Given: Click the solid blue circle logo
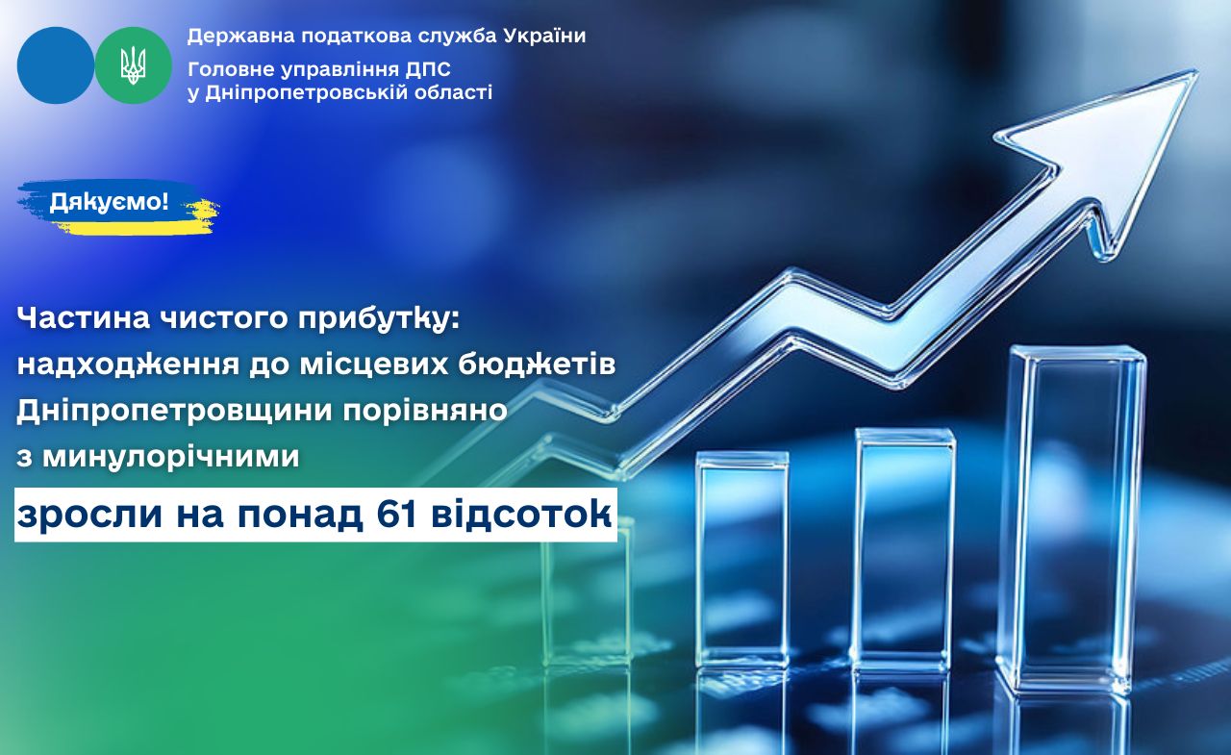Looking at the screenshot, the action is click(56, 65).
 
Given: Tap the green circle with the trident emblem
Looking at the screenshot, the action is click(134, 65).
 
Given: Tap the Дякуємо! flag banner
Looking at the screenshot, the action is click(117, 206).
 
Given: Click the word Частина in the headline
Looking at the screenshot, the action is click(84, 317).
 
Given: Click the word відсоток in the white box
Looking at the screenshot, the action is click(521, 515).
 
